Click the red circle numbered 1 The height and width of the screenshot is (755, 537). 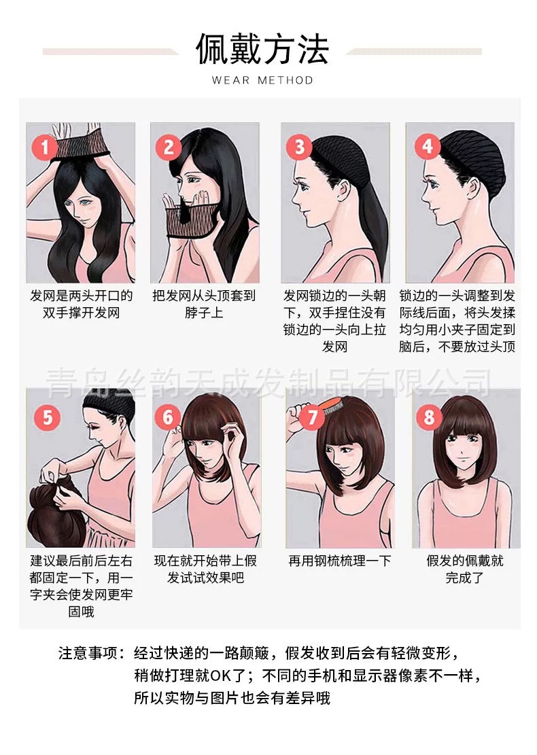pos(46,147)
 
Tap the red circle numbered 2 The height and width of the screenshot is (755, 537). pos(169,147)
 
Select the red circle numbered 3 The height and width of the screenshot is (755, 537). pos(299,147)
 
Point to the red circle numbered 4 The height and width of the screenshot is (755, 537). pos(427,146)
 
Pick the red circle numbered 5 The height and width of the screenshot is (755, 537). pos(46,416)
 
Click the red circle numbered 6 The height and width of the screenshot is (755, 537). pos(169,417)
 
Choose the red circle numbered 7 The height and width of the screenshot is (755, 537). pos(312,417)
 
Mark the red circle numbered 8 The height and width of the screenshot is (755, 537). pos(429,417)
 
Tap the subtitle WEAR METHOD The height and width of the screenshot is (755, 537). pos(262,80)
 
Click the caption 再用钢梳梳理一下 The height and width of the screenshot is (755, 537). pos(340,561)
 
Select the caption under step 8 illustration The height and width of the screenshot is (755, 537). pos(465,569)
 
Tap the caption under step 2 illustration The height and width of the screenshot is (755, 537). pos(204,304)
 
